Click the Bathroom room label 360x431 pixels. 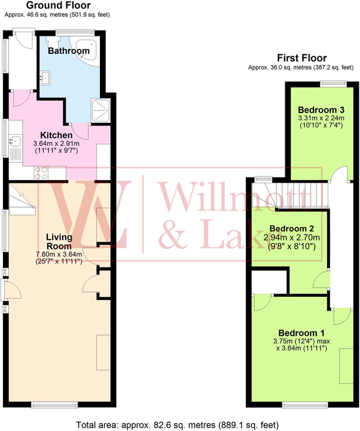(69, 51)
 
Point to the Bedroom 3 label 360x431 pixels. (321, 110)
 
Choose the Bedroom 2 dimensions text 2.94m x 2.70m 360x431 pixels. (291, 238)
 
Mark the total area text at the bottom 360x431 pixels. (180, 424)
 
